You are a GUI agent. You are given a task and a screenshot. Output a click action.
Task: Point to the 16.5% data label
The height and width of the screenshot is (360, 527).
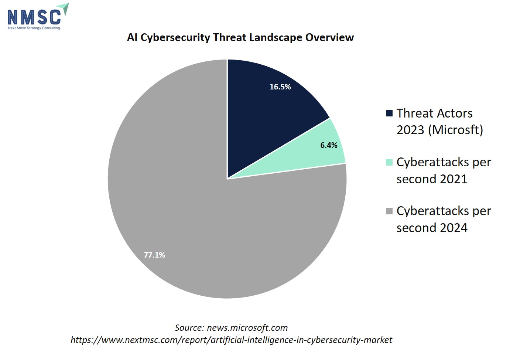[280, 87]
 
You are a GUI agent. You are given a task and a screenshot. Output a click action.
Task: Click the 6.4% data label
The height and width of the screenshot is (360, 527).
[329, 145]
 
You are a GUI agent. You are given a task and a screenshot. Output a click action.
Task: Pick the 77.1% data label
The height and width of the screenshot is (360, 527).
[154, 255]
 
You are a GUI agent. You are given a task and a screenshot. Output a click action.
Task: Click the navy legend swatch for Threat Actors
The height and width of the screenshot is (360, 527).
[389, 113]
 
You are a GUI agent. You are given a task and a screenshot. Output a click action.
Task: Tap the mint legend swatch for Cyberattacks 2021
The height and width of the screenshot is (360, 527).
[389, 162]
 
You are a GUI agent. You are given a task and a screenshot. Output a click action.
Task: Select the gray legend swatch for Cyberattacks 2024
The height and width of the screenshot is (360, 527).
[389, 211]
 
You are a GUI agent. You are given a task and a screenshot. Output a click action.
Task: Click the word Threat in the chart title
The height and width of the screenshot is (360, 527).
[229, 37]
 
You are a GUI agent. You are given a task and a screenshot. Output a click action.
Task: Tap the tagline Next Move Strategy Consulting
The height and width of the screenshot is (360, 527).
[34, 28]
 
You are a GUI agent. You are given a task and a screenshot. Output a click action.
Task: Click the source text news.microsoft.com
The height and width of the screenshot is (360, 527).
[247, 328]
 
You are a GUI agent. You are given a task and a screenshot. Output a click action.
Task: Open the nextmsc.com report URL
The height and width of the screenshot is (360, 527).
[231, 340]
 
